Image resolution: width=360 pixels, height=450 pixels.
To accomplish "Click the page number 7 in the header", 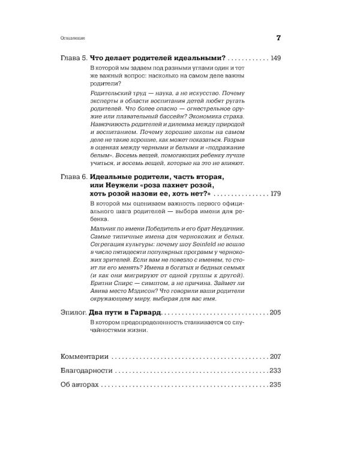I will (x=278, y=38).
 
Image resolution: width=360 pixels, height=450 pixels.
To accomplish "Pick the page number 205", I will (x=276, y=313).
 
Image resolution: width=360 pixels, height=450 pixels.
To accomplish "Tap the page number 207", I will (x=276, y=356).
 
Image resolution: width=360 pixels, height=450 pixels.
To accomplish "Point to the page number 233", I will (x=276, y=371).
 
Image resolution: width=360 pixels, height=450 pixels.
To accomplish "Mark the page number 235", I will (x=276, y=386).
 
